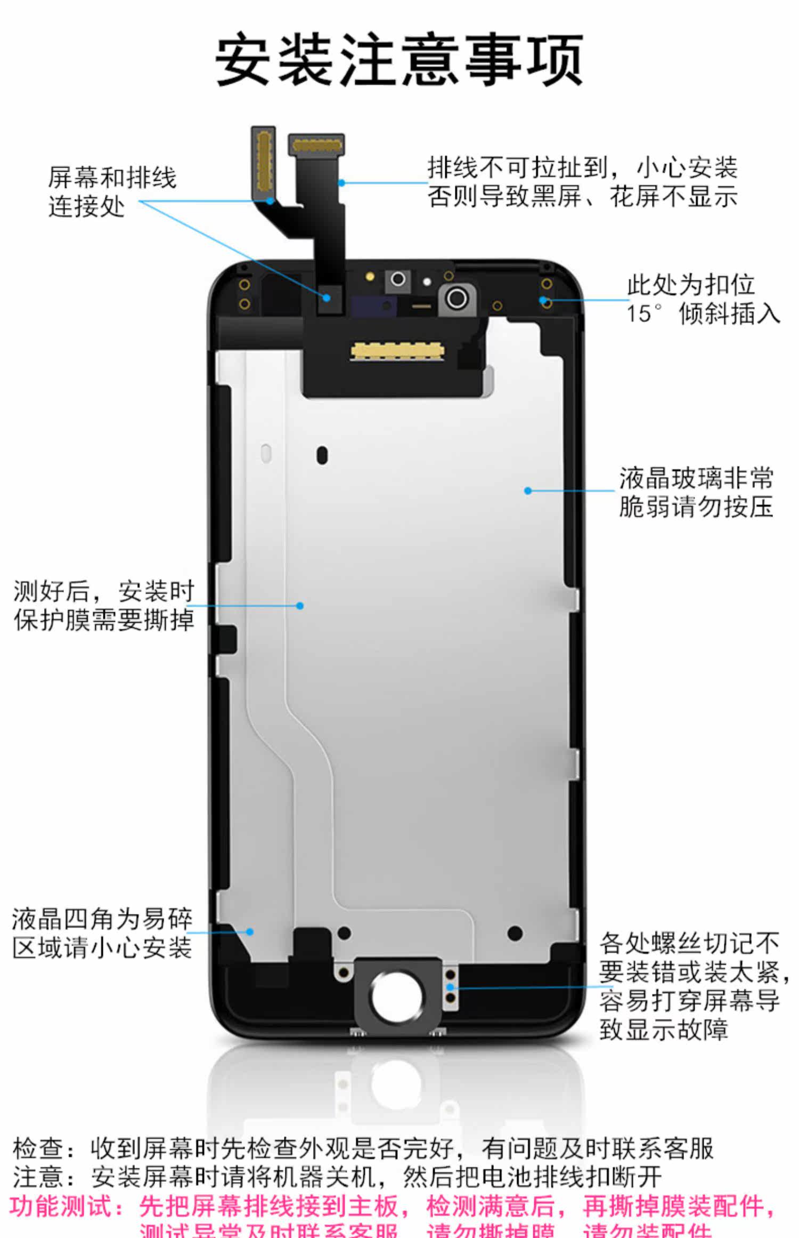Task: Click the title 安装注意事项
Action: (399, 59)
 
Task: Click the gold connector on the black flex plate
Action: (397, 351)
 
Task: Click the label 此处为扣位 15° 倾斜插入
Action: (702, 299)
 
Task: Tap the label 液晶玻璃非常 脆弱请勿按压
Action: (696, 492)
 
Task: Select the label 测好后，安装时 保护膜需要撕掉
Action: (104, 606)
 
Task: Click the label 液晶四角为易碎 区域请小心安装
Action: (102, 933)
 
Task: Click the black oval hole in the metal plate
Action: (322, 455)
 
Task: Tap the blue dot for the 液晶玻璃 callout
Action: (528, 491)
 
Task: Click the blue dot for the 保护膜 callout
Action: (300, 606)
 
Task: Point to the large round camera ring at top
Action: (456, 298)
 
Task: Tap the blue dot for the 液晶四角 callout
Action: (250, 932)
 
